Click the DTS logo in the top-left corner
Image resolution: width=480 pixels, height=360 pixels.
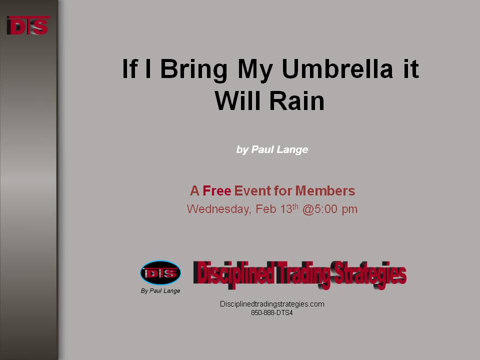tap(28, 25)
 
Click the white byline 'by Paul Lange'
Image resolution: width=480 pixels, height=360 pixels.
tap(272, 149)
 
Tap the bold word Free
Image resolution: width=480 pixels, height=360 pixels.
tap(216, 190)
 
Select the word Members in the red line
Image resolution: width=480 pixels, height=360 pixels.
tap(325, 190)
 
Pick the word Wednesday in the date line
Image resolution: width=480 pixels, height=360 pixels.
tap(219, 209)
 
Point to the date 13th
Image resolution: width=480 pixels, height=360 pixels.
tap(289, 208)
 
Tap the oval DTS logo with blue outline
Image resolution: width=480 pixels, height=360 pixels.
tap(160, 273)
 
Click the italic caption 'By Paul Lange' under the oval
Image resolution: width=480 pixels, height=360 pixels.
tap(160, 291)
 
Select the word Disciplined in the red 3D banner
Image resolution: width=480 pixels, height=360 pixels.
tap(233, 274)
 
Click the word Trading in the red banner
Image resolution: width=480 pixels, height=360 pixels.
tap(302, 274)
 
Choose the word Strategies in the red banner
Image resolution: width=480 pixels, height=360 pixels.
tap(369, 274)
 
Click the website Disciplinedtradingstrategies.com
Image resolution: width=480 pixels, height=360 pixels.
tap(272, 304)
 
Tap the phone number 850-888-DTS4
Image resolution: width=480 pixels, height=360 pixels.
tap(272, 313)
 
